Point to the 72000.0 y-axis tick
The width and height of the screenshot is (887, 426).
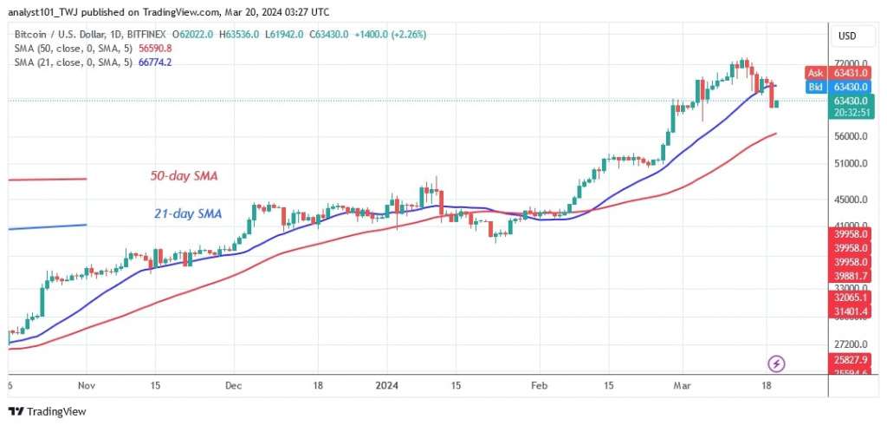851,63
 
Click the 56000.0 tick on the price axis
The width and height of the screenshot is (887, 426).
851,137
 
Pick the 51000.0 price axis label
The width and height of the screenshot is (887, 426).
851,164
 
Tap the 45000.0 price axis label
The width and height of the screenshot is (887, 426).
851,200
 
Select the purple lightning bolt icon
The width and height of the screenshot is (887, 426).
777,363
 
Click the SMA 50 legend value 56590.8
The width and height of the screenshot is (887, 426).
143,49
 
